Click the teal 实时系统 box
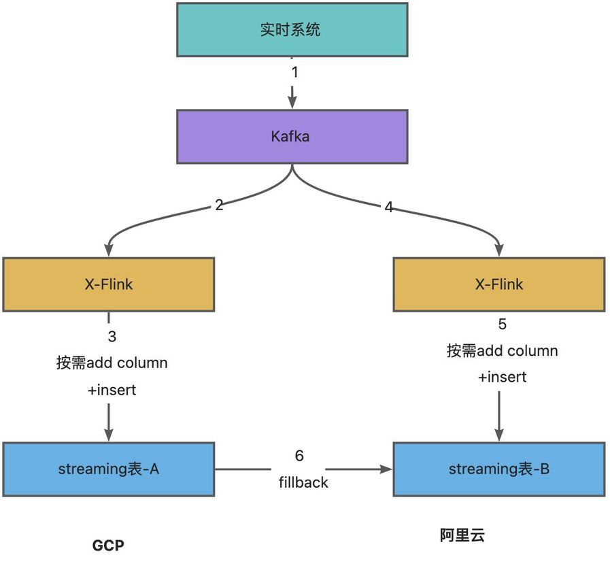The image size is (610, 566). pos(292,29)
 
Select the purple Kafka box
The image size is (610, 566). pos(292,136)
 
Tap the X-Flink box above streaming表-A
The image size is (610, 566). pos(108,284)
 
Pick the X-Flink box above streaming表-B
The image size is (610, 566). pos(498,284)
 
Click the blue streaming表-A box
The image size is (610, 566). pos(108,469)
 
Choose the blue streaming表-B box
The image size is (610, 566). pos(498,469)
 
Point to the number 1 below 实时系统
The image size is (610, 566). pos(294,72)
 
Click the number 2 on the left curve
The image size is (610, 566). pos(219,204)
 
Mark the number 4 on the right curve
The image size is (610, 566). pos(389,207)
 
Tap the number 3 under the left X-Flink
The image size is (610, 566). pos(112,336)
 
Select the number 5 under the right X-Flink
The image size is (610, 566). pos(502,324)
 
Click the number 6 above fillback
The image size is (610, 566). pos(299,456)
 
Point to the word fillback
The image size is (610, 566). pos(303,482)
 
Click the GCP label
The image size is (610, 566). pos(109,546)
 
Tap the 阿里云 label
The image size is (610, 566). pos(462,535)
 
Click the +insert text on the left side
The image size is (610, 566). pos(112,390)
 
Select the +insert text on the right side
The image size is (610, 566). pos(502,376)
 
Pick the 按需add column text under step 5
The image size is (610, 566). pos(502,351)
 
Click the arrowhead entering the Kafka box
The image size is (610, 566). pos(292,103)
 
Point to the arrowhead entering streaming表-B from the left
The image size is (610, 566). pos(386,469)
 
